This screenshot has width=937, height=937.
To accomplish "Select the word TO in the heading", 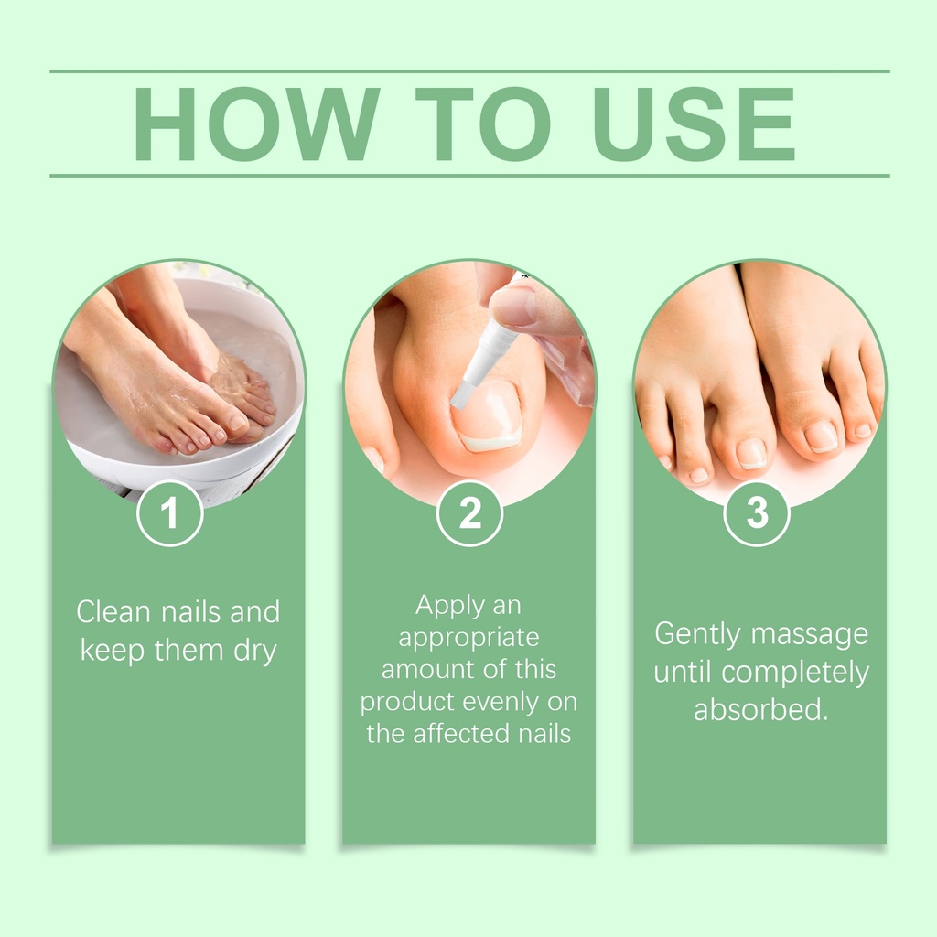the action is click(483, 124).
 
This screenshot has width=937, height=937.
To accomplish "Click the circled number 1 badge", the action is click(169, 513).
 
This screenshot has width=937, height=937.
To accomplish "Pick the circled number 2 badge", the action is click(469, 513).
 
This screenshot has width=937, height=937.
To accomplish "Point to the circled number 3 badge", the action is click(757, 513).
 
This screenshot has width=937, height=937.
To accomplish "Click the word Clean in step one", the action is click(113, 612).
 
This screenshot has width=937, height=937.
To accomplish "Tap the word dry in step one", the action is click(255, 652).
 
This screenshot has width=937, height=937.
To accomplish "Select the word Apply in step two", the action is click(443, 606).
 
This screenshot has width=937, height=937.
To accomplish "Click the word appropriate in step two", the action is click(468, 638).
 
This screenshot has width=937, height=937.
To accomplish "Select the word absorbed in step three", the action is click(760, 710).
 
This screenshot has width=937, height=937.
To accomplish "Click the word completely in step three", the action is click(795, 673).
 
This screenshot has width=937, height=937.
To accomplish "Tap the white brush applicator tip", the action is click(461, 395).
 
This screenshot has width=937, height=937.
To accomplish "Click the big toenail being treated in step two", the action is click(487, 415).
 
